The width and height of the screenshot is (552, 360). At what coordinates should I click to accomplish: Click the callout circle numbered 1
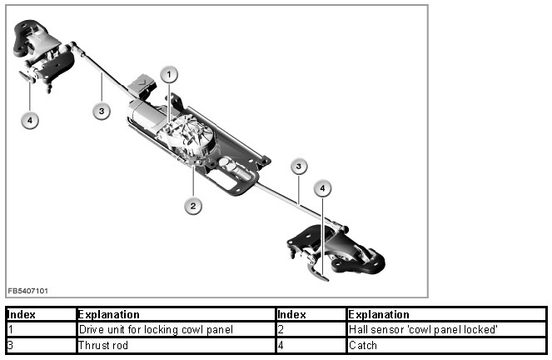pos(169,75)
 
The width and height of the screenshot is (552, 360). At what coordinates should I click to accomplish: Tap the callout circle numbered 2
pos(193,205)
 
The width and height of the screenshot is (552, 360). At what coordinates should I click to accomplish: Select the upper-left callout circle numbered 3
pos(101,111)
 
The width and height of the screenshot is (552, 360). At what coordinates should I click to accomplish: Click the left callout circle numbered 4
pos(30,120)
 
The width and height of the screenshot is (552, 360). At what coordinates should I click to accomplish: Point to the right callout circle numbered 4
pos(322,188)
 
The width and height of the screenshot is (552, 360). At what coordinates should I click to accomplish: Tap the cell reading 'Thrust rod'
pos(103,344)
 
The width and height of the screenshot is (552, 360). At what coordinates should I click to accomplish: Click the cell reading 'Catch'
pos(363,344)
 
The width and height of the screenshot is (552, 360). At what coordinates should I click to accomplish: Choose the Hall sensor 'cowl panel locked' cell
pos(423,329)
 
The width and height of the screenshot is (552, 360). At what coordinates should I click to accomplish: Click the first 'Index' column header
pos(21,315)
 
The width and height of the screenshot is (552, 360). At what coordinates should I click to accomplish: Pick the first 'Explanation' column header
pos(108,315)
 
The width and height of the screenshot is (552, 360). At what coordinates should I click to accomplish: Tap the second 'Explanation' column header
pos(379,315)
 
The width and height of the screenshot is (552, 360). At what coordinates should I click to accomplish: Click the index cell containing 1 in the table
pos(10,329)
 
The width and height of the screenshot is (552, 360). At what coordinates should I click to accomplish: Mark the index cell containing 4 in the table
pos(281,344)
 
